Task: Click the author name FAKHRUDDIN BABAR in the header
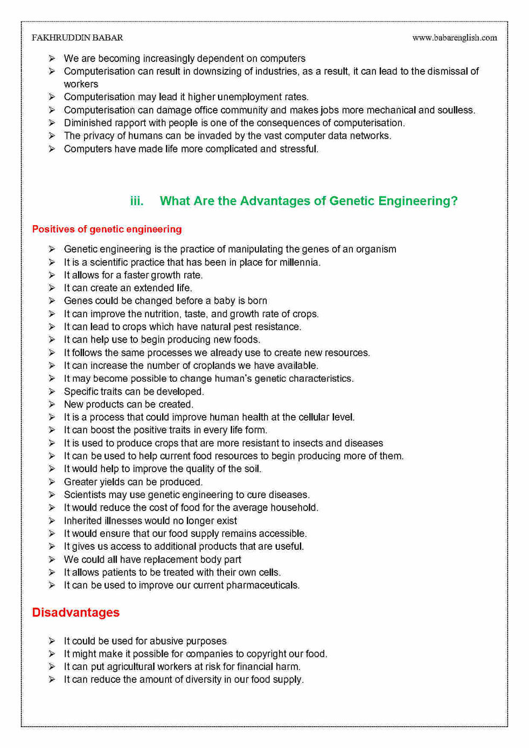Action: [77, 38]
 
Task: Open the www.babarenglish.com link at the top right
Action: [454, 38]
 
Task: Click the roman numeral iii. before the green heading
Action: [137, 201]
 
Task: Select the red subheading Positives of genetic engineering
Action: [107, 229]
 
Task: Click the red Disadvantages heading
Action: [75, 612]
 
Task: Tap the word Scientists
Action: [85, 495]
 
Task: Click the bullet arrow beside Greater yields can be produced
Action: [52, 482]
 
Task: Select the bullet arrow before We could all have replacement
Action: [52, 560]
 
